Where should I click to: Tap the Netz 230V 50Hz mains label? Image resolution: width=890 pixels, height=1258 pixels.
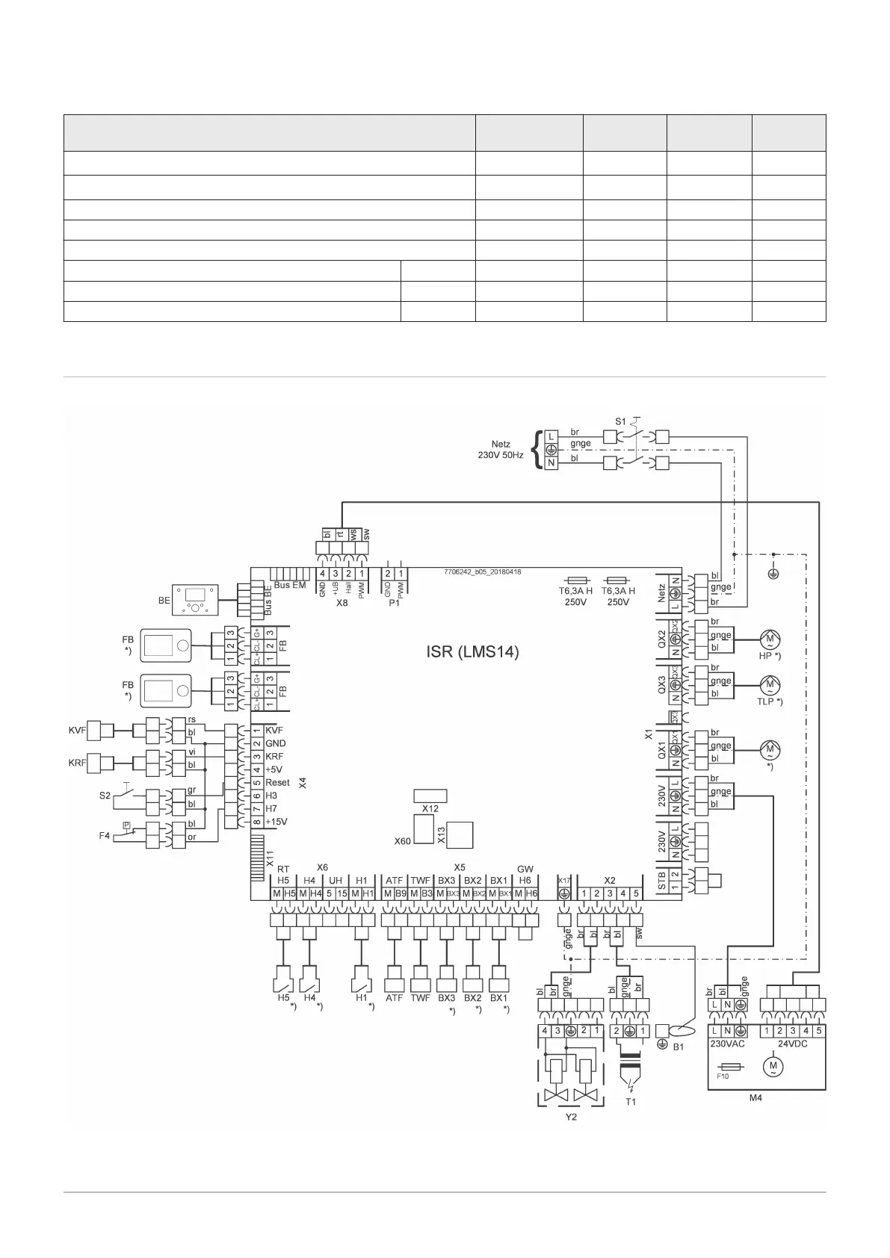click(x=501, y=449)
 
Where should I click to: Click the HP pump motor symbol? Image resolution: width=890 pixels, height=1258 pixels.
click(x=769, y=640)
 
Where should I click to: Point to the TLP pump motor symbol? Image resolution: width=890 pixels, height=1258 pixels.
click(x=769, y=685)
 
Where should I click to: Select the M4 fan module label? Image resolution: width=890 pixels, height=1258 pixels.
click(x=767, y=1099)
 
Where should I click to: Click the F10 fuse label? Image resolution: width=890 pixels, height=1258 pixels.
click(x=723, y=1077)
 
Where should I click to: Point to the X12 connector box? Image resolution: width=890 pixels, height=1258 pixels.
click(x=430, y=795)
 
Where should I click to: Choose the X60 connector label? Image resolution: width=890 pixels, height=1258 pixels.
click(x=403, y=841)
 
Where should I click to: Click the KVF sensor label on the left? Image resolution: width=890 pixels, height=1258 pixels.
click(x=78, y=729)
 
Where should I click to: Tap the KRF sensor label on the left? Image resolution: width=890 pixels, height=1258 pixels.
click(x=78, y=762)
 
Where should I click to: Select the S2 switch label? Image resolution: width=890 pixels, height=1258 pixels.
click(x=105, y=796)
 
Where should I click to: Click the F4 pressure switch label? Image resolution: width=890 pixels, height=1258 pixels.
click(x=105, y=836)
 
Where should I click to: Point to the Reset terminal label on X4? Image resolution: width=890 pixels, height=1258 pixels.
click(x=277, y=783)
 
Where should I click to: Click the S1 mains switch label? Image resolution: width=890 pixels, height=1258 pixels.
click(x=620, y=422)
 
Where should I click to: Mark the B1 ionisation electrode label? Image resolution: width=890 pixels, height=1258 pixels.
click(x=679, y=1047)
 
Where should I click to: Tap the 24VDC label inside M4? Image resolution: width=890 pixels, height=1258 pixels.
click(x=792, y=1044)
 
